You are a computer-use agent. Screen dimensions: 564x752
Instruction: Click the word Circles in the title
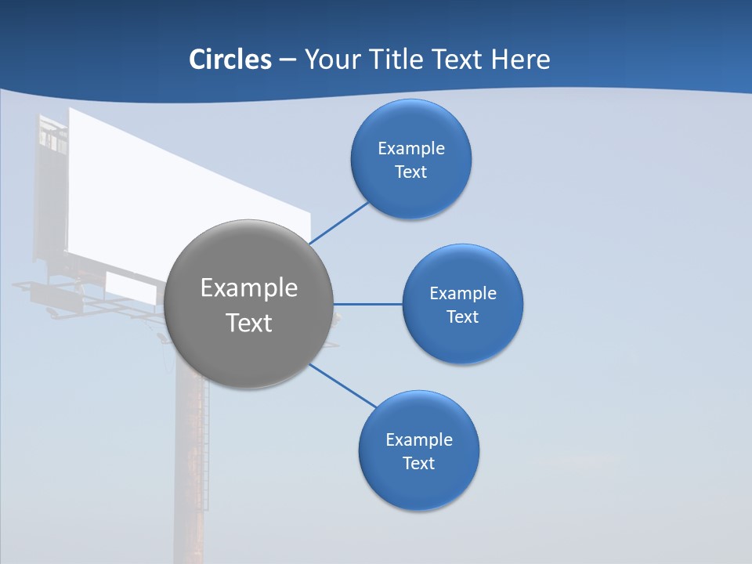[x=230, y=60]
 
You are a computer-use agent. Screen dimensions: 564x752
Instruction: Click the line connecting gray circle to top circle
[x=338, y=222]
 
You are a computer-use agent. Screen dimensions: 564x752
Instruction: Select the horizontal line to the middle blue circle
[x=367, y=304]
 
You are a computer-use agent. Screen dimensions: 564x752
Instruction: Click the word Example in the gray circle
[x=249, y=287]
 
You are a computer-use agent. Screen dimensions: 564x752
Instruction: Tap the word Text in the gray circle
[x=249, y=323]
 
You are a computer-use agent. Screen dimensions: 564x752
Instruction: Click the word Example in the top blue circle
[x=410, y=148]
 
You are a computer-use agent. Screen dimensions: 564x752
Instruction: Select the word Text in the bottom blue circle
[x=418, y=463]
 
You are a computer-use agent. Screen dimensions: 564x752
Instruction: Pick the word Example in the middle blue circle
[x=462, y=293]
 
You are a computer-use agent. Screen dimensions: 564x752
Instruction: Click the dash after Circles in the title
[x=287, y=60]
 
